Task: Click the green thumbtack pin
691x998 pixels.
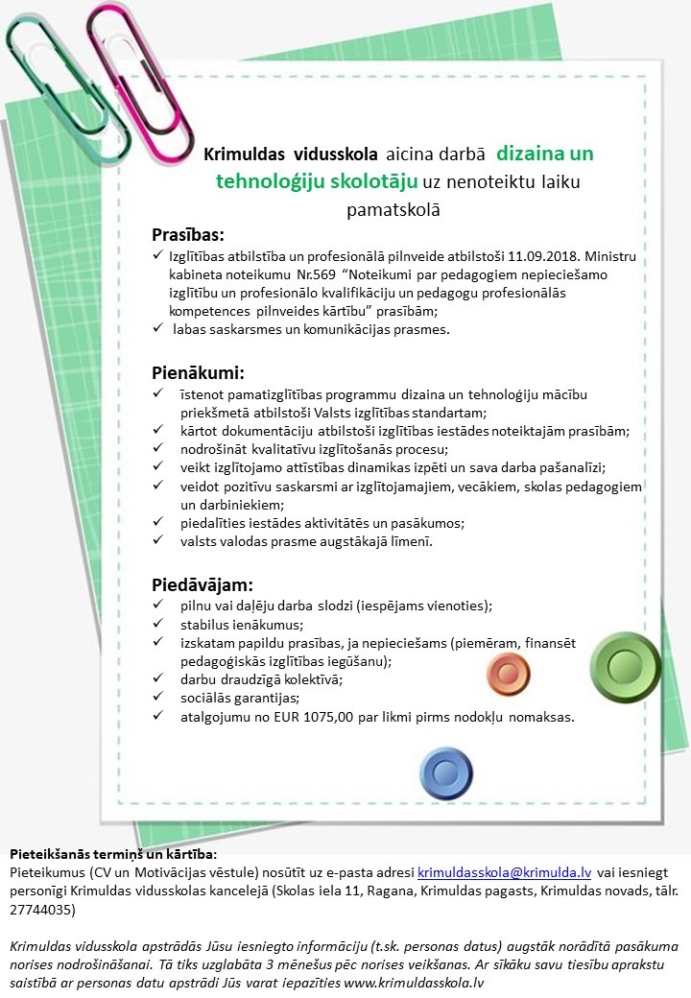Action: tap(626, 665)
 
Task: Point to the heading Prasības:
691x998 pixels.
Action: tap(188, 235)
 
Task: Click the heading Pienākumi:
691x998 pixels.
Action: tap(199, 372)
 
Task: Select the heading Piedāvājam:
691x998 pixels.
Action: tap(203, 583)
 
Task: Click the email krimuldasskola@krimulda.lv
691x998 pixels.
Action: tap(504, 872)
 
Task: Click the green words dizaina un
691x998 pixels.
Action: tap(545, 153)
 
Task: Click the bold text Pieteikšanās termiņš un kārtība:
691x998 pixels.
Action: tap(113, 853)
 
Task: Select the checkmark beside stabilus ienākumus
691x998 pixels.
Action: tap(158, 625)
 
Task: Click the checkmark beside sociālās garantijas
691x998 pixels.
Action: tap(158, 698)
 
